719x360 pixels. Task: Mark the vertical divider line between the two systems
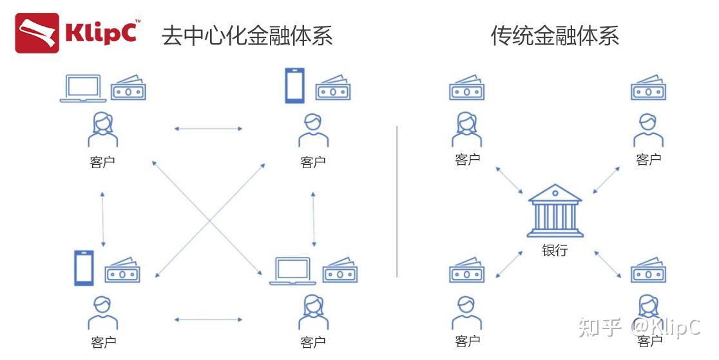click(397, 201)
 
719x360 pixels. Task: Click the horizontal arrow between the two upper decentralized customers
click(208, 129)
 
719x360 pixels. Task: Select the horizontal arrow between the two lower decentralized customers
click(208, 319)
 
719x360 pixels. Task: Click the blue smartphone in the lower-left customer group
click(84, 268)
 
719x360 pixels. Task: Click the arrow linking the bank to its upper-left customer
click(510, 180)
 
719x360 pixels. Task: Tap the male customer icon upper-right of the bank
click(647, 129)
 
